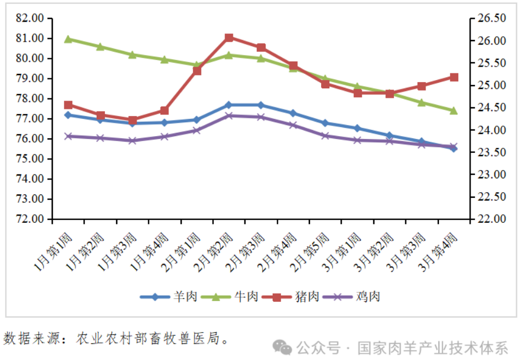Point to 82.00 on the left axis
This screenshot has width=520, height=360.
30,18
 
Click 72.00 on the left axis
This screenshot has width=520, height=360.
30,219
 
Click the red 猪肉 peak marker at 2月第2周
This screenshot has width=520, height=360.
229,38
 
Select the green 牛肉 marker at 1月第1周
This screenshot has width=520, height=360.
68,39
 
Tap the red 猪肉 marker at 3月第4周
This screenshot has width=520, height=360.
454,77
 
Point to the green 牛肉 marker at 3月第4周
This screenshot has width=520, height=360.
454,111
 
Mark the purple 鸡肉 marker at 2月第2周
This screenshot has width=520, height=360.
229,116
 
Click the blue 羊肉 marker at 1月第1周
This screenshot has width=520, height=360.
68,115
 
